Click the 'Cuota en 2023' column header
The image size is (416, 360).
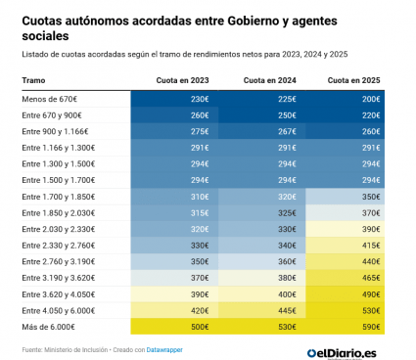click(182, 80)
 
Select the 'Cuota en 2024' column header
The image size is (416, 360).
click(270, 80)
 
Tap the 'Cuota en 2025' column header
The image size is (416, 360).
click(354, 80)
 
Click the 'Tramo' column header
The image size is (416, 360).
click(33, 80)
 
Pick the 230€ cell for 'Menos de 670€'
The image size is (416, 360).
click(174, 99)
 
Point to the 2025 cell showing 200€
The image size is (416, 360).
click(346, 99)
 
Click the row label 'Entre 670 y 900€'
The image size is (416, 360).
click(52, 115)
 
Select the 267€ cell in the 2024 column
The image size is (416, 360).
click(262, 131)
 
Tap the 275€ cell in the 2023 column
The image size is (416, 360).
click(174, 131)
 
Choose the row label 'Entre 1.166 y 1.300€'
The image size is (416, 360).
click(59, 148)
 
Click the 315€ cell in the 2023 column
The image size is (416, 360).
click(174, 213)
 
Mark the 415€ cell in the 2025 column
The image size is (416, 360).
click(346, 246)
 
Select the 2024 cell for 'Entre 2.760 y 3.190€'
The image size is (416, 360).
click(262, 261)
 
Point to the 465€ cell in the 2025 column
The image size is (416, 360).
click(346, 278)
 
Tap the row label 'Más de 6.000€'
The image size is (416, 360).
click(49, 327)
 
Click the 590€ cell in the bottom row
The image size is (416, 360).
click(346, 327)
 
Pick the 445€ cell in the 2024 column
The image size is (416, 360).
click(262, 310)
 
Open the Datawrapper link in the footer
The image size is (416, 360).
click(164, 350)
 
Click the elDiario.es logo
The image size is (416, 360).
click(342, 353)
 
